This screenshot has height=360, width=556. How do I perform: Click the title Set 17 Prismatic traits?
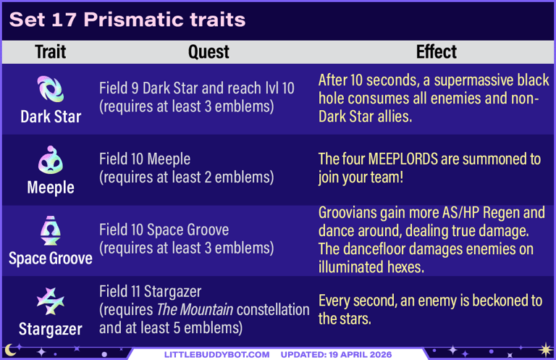127,20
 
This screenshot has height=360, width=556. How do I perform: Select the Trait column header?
51,52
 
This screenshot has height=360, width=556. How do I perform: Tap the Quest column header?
208,52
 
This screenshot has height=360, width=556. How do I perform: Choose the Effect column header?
436,52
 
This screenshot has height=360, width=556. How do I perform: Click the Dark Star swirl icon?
51,90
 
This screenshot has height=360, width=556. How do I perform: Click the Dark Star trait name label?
51,117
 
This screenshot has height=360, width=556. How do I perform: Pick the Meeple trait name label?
51,188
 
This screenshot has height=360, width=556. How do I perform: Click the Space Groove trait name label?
51,259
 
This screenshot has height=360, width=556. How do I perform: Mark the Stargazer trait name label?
51,330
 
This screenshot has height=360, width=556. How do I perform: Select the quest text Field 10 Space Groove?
164,230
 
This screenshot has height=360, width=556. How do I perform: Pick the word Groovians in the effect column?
350,213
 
